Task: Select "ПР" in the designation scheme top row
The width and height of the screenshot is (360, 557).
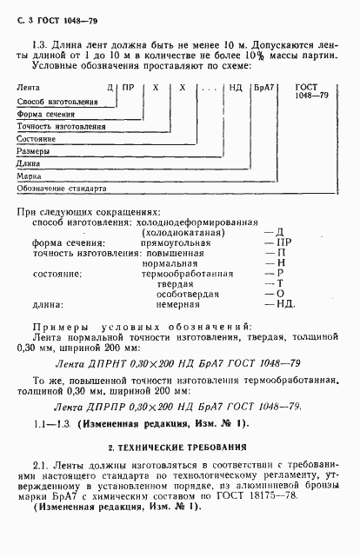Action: point(128,89)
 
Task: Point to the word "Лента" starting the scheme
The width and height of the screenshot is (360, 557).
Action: point(30,89)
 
